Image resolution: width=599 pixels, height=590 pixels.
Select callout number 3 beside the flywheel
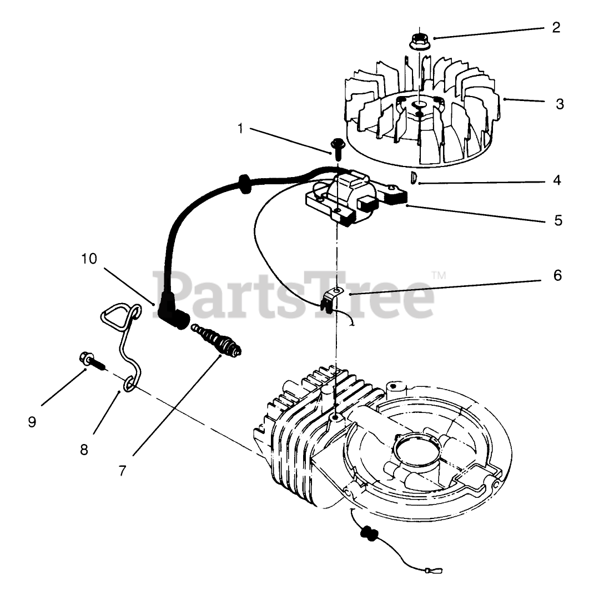click(x=560, y=103)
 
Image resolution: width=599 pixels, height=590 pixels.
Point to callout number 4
click(x=557, y=180)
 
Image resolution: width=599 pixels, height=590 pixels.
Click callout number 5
click(x=557, y=220)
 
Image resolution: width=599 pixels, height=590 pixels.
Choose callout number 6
click(x=557, y=275)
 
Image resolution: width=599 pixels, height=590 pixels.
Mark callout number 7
click(x=122, y=470)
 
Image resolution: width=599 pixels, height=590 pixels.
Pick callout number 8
click(x=84, y=449)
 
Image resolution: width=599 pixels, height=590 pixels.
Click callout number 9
click(x=32, y=422)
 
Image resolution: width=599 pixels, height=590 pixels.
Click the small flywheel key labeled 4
click(x=413, y=178)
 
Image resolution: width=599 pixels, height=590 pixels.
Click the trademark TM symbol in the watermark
click(x=439, y=275)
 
